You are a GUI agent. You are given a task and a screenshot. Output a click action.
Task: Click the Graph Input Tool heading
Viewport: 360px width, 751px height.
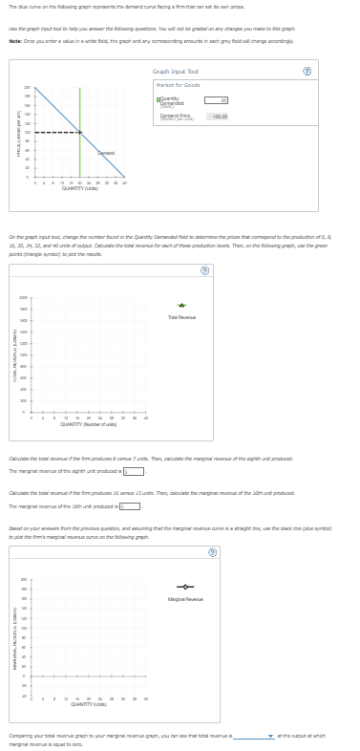(x=176, y=72)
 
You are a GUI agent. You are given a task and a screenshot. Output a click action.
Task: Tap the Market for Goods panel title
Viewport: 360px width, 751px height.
(x=179, y=86)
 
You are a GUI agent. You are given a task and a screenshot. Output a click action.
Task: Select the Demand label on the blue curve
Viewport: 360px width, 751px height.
(x=106, y=153)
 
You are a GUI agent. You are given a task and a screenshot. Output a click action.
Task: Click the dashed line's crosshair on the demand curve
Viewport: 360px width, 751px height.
(x=79, y=132)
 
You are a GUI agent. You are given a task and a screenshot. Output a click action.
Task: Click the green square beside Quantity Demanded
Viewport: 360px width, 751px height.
(x=160, y=98)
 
